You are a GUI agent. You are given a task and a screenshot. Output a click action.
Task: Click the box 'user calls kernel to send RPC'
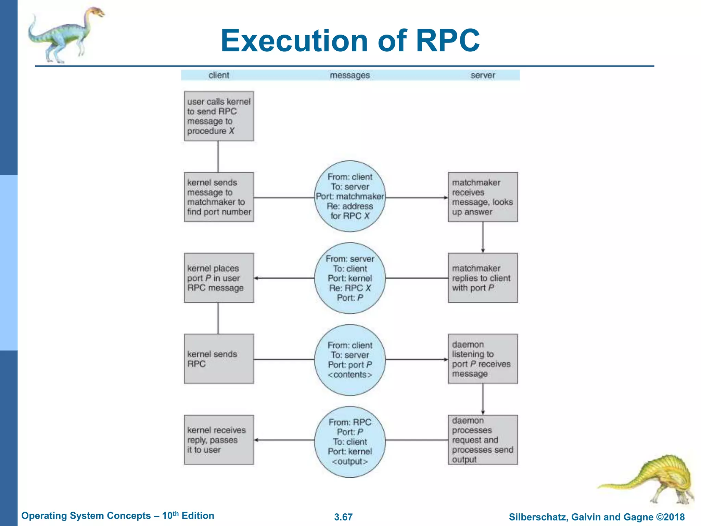pyautogui.click(x=219, y=116)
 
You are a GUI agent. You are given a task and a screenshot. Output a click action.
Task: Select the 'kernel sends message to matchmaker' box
pyautogui.click(x=219, y=197)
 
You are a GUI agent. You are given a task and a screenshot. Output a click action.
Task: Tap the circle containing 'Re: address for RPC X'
pyautogui.click(x=350, y=196)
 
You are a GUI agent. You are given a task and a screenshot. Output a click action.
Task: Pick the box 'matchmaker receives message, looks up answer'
pyautogui.click(x=483, y=197)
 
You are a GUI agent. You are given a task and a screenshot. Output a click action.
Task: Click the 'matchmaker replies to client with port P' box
pyautogui.click(x=483, y=278)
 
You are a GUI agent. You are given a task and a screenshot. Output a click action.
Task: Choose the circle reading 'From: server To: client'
pyautogui.click(x=350, y=278)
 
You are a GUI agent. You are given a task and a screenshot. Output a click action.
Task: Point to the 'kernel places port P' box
pyautogui.click(x=219, y=278)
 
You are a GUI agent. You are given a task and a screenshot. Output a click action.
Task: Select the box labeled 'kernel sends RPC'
pyautogui.click(x=219, y=359)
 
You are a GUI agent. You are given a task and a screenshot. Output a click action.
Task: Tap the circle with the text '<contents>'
pyautogui.click(x=350, y=360)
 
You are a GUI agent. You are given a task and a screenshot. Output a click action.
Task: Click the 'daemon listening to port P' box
pyautogui.click(x=483, y=359)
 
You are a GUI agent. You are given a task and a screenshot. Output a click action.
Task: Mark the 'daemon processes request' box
pyautogui.click(x=483, y=440)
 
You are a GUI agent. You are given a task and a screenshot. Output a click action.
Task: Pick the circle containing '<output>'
pyautogui.click(x=350, y=441)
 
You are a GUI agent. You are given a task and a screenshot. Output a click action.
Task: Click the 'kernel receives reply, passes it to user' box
pyautogui.click(x=219, y=440)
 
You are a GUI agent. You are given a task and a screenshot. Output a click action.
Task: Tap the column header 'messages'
pyautogui.click(x=350, y=75)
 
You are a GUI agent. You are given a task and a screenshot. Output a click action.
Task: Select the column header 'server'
pyautogui.click(x=483, y=75)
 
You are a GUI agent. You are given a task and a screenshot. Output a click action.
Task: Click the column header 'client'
pyautogui.click(x=219, y=75)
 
